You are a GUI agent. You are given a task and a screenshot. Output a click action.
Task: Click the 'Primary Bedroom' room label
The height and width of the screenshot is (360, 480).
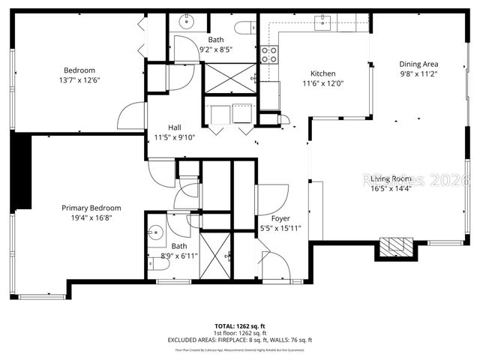91,208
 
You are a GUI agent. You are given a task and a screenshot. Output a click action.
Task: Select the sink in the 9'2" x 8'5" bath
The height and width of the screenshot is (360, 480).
183,23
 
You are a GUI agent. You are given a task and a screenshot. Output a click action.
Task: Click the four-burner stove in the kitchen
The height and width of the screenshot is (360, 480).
268,54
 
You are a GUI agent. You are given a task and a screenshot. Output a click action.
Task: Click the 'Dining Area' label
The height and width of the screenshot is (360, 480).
418,64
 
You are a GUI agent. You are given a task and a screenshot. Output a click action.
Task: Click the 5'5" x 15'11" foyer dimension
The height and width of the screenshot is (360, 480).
280,228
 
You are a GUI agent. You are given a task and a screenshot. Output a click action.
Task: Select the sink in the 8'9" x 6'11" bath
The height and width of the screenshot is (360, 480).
156,232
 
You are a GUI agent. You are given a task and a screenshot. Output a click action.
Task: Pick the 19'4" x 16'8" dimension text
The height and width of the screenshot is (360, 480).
91,218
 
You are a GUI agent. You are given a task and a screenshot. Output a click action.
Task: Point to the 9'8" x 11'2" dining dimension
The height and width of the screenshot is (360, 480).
418,74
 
